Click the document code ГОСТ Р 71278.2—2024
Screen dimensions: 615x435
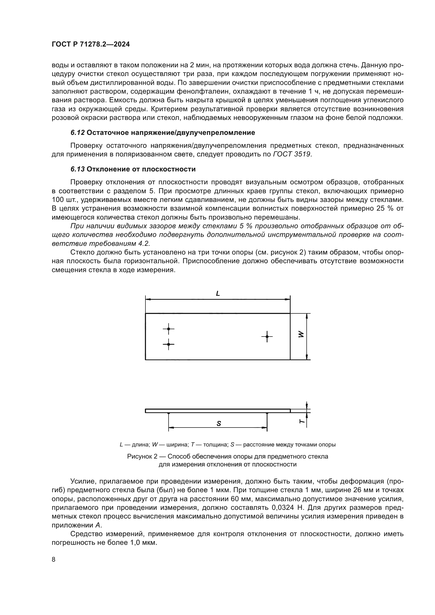pos(90,44)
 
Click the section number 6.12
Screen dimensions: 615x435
pos(78,133)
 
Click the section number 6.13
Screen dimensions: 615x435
pos(78,169)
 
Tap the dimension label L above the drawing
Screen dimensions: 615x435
pos(218,294)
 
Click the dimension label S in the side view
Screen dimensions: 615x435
pos(219,424)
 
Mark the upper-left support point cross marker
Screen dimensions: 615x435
pos(169,329)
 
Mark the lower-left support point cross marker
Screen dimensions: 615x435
pos(169,344)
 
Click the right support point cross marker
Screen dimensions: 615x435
pos(267,337)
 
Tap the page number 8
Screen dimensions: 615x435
pos(54,560)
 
